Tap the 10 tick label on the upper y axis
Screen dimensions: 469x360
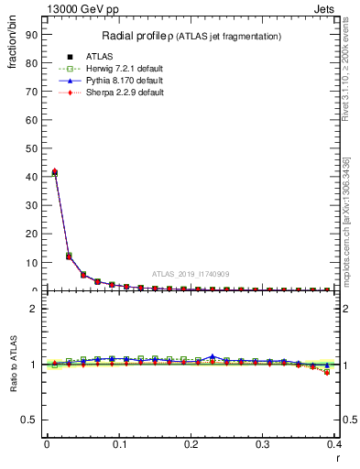click(x=29, y=262)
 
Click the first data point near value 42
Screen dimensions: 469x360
click(x=54, y=171)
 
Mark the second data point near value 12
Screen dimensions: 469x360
click(x=69, y=256)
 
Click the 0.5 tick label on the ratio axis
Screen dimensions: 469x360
click(x=29, y=420)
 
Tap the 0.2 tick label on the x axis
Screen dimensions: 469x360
click(x=191, y=444)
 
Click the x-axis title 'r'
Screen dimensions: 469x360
click(x=339, y=458)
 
